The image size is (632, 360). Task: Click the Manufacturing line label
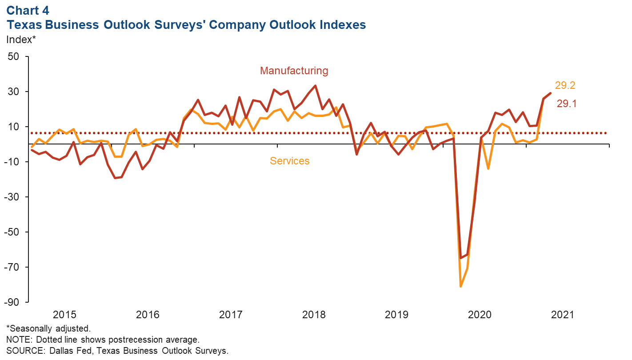point(294,71)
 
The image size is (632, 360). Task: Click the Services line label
point(289,161)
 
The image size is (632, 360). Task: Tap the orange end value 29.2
point(565,86)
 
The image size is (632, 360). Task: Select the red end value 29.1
point(567,104)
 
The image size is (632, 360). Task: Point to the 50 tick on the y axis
point(16,57)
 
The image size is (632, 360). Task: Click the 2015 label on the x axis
point(65,315)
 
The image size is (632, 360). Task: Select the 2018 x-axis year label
point(314,315)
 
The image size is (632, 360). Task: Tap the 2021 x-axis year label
point(563,315)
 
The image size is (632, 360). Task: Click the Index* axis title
point(21,40)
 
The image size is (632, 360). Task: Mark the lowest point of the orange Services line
point(460,287)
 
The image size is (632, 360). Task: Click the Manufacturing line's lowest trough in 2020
point(460,258)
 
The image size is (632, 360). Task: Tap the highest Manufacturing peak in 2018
point(315,86)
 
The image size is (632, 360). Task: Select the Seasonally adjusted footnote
point(48,329)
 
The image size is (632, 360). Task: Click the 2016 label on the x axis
point(148,315)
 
